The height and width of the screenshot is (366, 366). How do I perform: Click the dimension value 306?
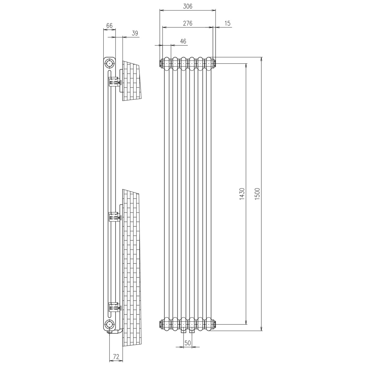[x=188, y=6]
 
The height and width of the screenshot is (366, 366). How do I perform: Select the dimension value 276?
[x=188, y=23]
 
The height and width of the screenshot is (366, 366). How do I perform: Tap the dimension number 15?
[x=227, y=23]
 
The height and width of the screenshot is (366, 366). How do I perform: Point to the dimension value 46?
[x=183, y=41]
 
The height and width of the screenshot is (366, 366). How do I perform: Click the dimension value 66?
[x=109, y=26]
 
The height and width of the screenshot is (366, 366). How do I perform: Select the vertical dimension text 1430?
[x=242, y=194]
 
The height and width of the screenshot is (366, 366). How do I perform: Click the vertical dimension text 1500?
[x=257, y=194]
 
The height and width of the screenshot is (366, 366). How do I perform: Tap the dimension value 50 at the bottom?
[x=188, y=343]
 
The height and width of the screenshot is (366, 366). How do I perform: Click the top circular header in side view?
[x=109, y=63]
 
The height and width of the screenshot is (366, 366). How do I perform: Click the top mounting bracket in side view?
[x=114, y=82]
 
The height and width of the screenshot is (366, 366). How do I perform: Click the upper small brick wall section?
[x=132, y=81]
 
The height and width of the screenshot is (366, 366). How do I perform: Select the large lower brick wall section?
[x=131, y=268]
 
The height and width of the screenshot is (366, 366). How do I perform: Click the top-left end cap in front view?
[x=161, y=63]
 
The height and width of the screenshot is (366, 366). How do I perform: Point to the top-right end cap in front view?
[x=215, y=63]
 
